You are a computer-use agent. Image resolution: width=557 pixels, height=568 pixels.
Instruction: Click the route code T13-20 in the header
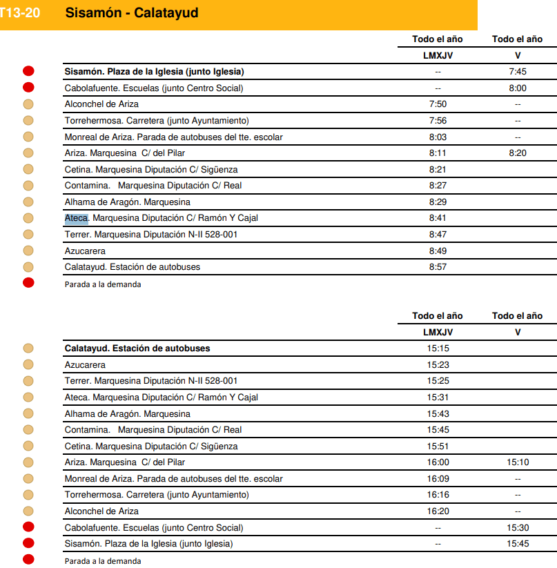pos(19,12)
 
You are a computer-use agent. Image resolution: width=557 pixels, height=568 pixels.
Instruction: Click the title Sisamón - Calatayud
pos(131,12)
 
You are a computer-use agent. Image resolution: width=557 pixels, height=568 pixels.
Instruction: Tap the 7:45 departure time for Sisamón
pos(517,72)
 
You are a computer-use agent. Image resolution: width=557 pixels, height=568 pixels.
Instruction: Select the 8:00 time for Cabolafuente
pos(517,88)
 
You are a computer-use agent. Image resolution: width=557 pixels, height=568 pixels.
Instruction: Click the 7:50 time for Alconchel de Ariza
pos(438,104)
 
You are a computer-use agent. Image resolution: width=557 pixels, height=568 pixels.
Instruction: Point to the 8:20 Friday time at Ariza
pos(517,153)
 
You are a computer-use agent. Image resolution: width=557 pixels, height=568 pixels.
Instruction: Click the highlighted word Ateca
pos(76,218)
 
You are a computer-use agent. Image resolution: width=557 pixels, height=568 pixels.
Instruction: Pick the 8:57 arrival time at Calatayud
pos(438,267)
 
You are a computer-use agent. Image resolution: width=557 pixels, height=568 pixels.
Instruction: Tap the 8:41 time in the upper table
pos(438,218)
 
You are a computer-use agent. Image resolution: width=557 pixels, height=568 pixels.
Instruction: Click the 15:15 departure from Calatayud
pos(438,349)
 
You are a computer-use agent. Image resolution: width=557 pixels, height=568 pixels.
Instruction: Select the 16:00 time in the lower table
pos(438,462)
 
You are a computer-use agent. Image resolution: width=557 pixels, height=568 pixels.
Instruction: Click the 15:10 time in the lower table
pos(517,462)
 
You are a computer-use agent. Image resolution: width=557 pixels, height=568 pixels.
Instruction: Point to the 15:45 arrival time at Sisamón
pos(517,544)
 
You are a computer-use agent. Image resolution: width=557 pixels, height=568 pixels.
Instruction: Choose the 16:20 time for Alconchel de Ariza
pos(438,511)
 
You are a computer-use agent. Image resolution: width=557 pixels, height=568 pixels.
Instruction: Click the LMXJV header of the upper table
pos(438,55)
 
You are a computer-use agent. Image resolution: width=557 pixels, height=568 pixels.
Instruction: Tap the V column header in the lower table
pos(517,332)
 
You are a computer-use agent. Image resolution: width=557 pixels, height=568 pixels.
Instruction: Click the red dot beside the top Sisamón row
pos(28,71)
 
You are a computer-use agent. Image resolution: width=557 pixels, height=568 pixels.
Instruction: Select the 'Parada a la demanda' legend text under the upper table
pos(103,284)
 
